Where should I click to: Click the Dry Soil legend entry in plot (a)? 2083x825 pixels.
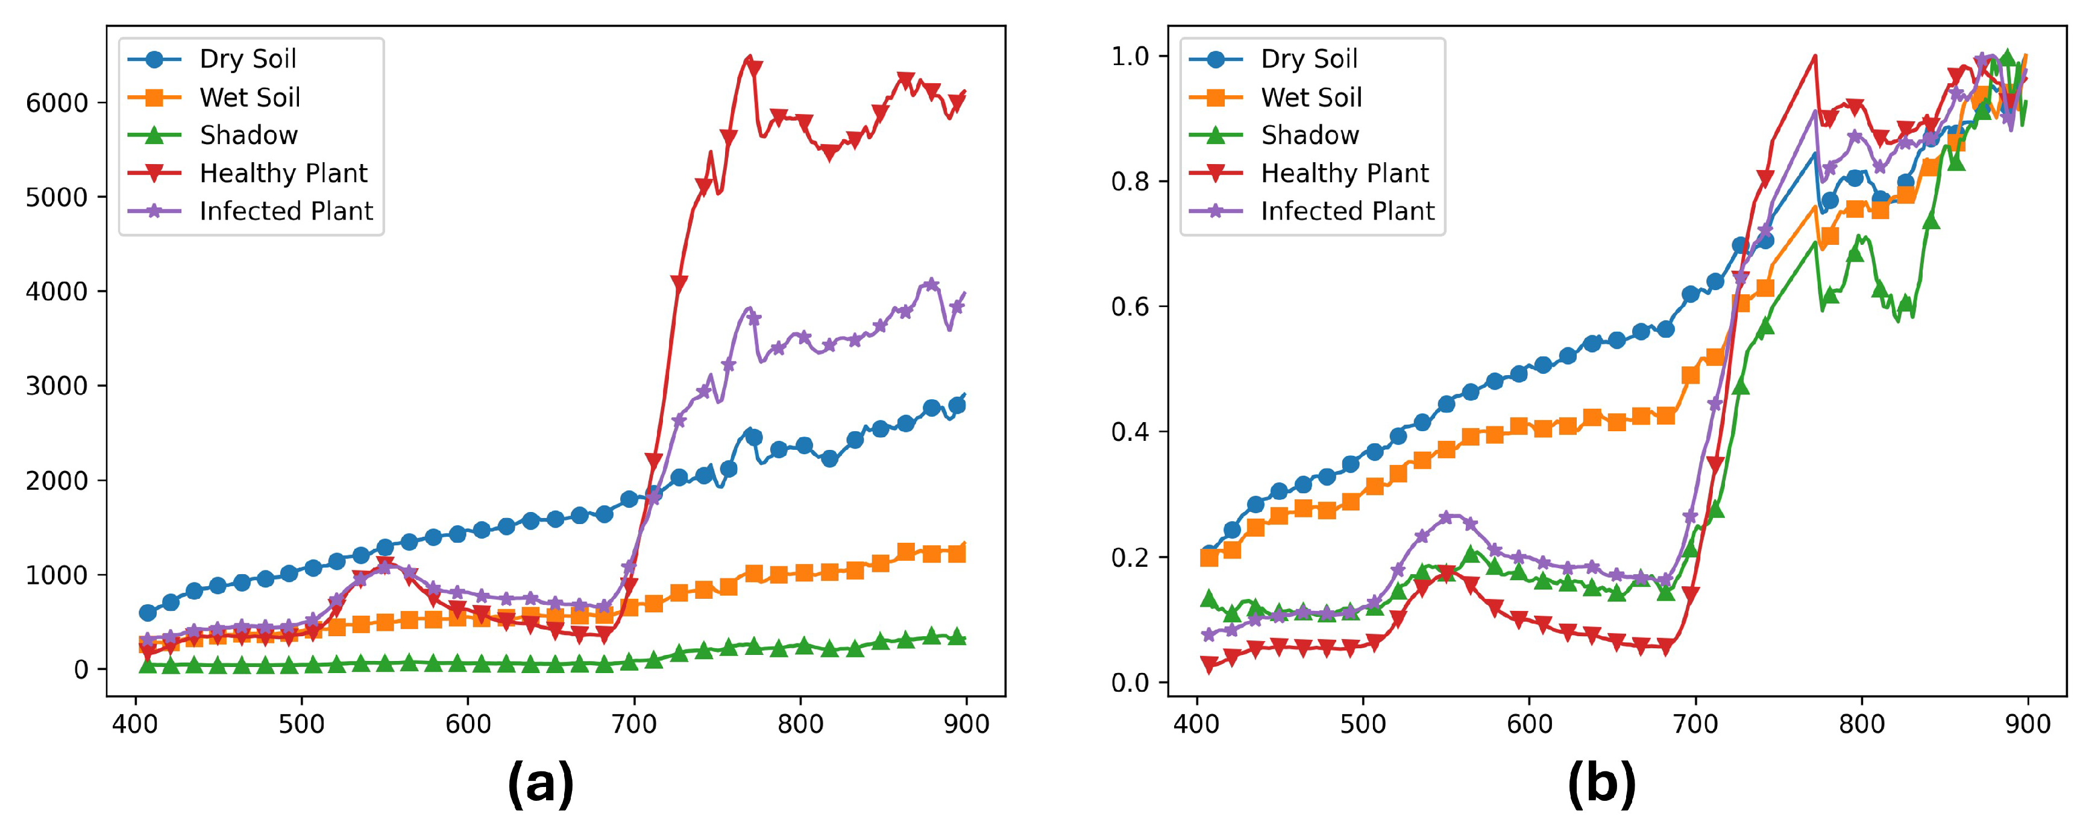coord(248,59)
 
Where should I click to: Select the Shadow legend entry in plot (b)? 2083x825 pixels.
coord(1309,135)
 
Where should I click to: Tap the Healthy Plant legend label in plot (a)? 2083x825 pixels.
coord(283,173)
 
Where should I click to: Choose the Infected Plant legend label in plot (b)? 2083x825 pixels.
coord(1347,211)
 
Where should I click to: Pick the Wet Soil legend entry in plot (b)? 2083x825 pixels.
coord(1311,97)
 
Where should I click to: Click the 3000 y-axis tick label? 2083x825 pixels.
coord(57,387)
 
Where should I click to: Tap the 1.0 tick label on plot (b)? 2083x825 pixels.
coord(1131,57)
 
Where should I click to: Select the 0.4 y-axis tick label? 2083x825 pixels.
coord(1131,432)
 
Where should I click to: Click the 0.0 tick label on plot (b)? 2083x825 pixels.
coord(1131,683)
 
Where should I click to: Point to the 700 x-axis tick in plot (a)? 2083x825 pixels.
coord(634,723)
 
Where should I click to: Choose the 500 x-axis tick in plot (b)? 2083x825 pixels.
coord(1363,723)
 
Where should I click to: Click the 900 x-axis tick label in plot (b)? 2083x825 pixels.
coord(2027,723)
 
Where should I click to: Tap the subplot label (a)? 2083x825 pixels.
coord(540,783)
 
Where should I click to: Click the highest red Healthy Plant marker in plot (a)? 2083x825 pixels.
coord(753,69)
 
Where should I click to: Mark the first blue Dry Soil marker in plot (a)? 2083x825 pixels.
coord(147,613)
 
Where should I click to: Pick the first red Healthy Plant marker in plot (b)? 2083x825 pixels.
coord(1209,665)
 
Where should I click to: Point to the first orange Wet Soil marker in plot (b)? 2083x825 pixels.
coord(1209,557)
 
